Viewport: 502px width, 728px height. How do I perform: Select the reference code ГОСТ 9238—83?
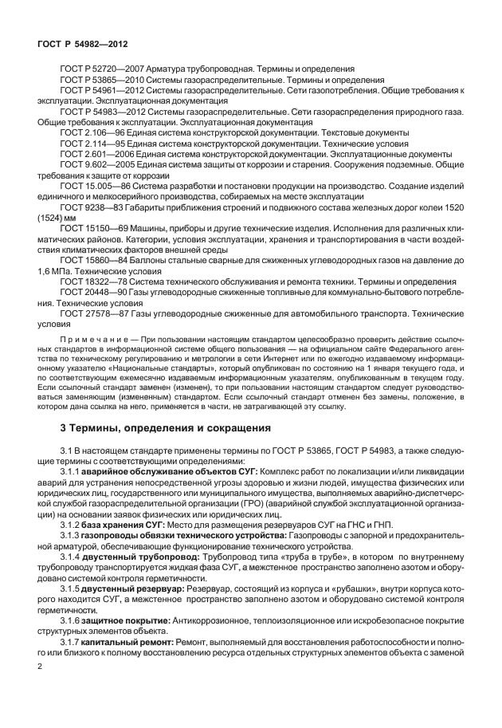click(x=91, y=206)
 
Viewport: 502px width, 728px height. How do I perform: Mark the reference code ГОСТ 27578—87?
click(x=93, y=314)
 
